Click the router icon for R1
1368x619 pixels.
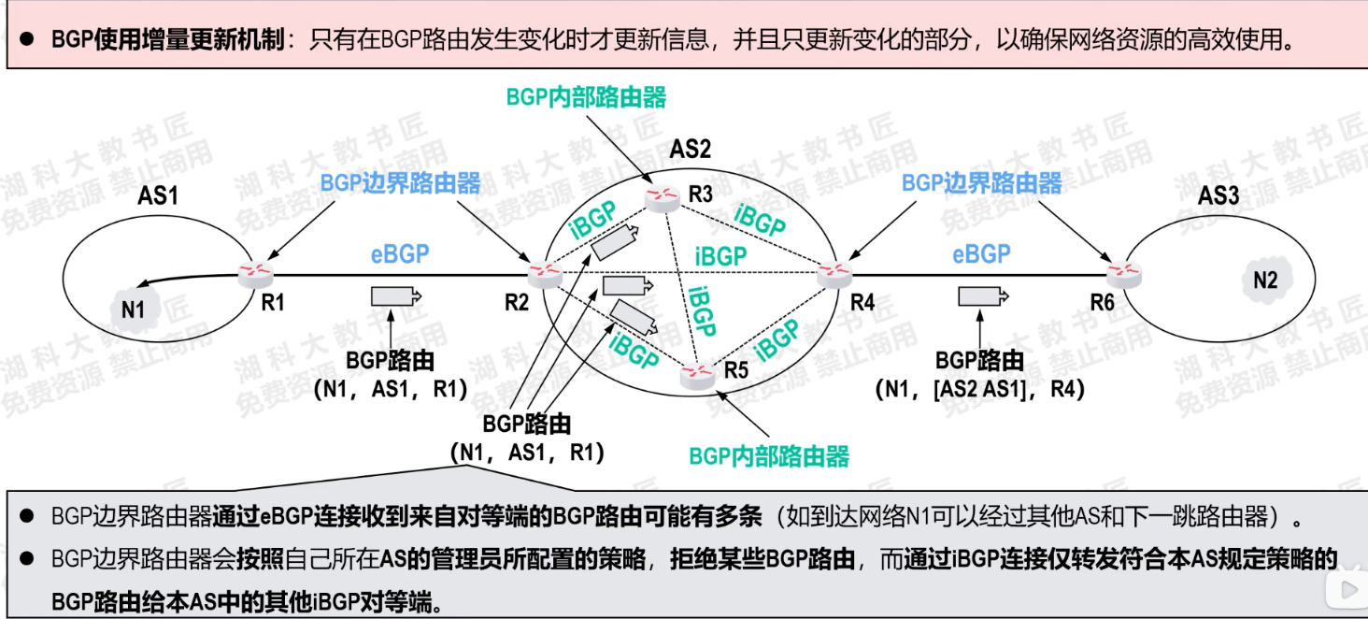[255, 274]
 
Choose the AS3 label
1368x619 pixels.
[1219, 195]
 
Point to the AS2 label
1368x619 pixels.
[690, 149]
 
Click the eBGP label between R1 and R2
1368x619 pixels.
[400, 253]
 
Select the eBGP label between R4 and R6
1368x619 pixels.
[981, 253]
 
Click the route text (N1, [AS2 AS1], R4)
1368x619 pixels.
[980, 389]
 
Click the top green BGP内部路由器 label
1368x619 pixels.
[586, 96]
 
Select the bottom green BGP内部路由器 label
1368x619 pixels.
[769, 456]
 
